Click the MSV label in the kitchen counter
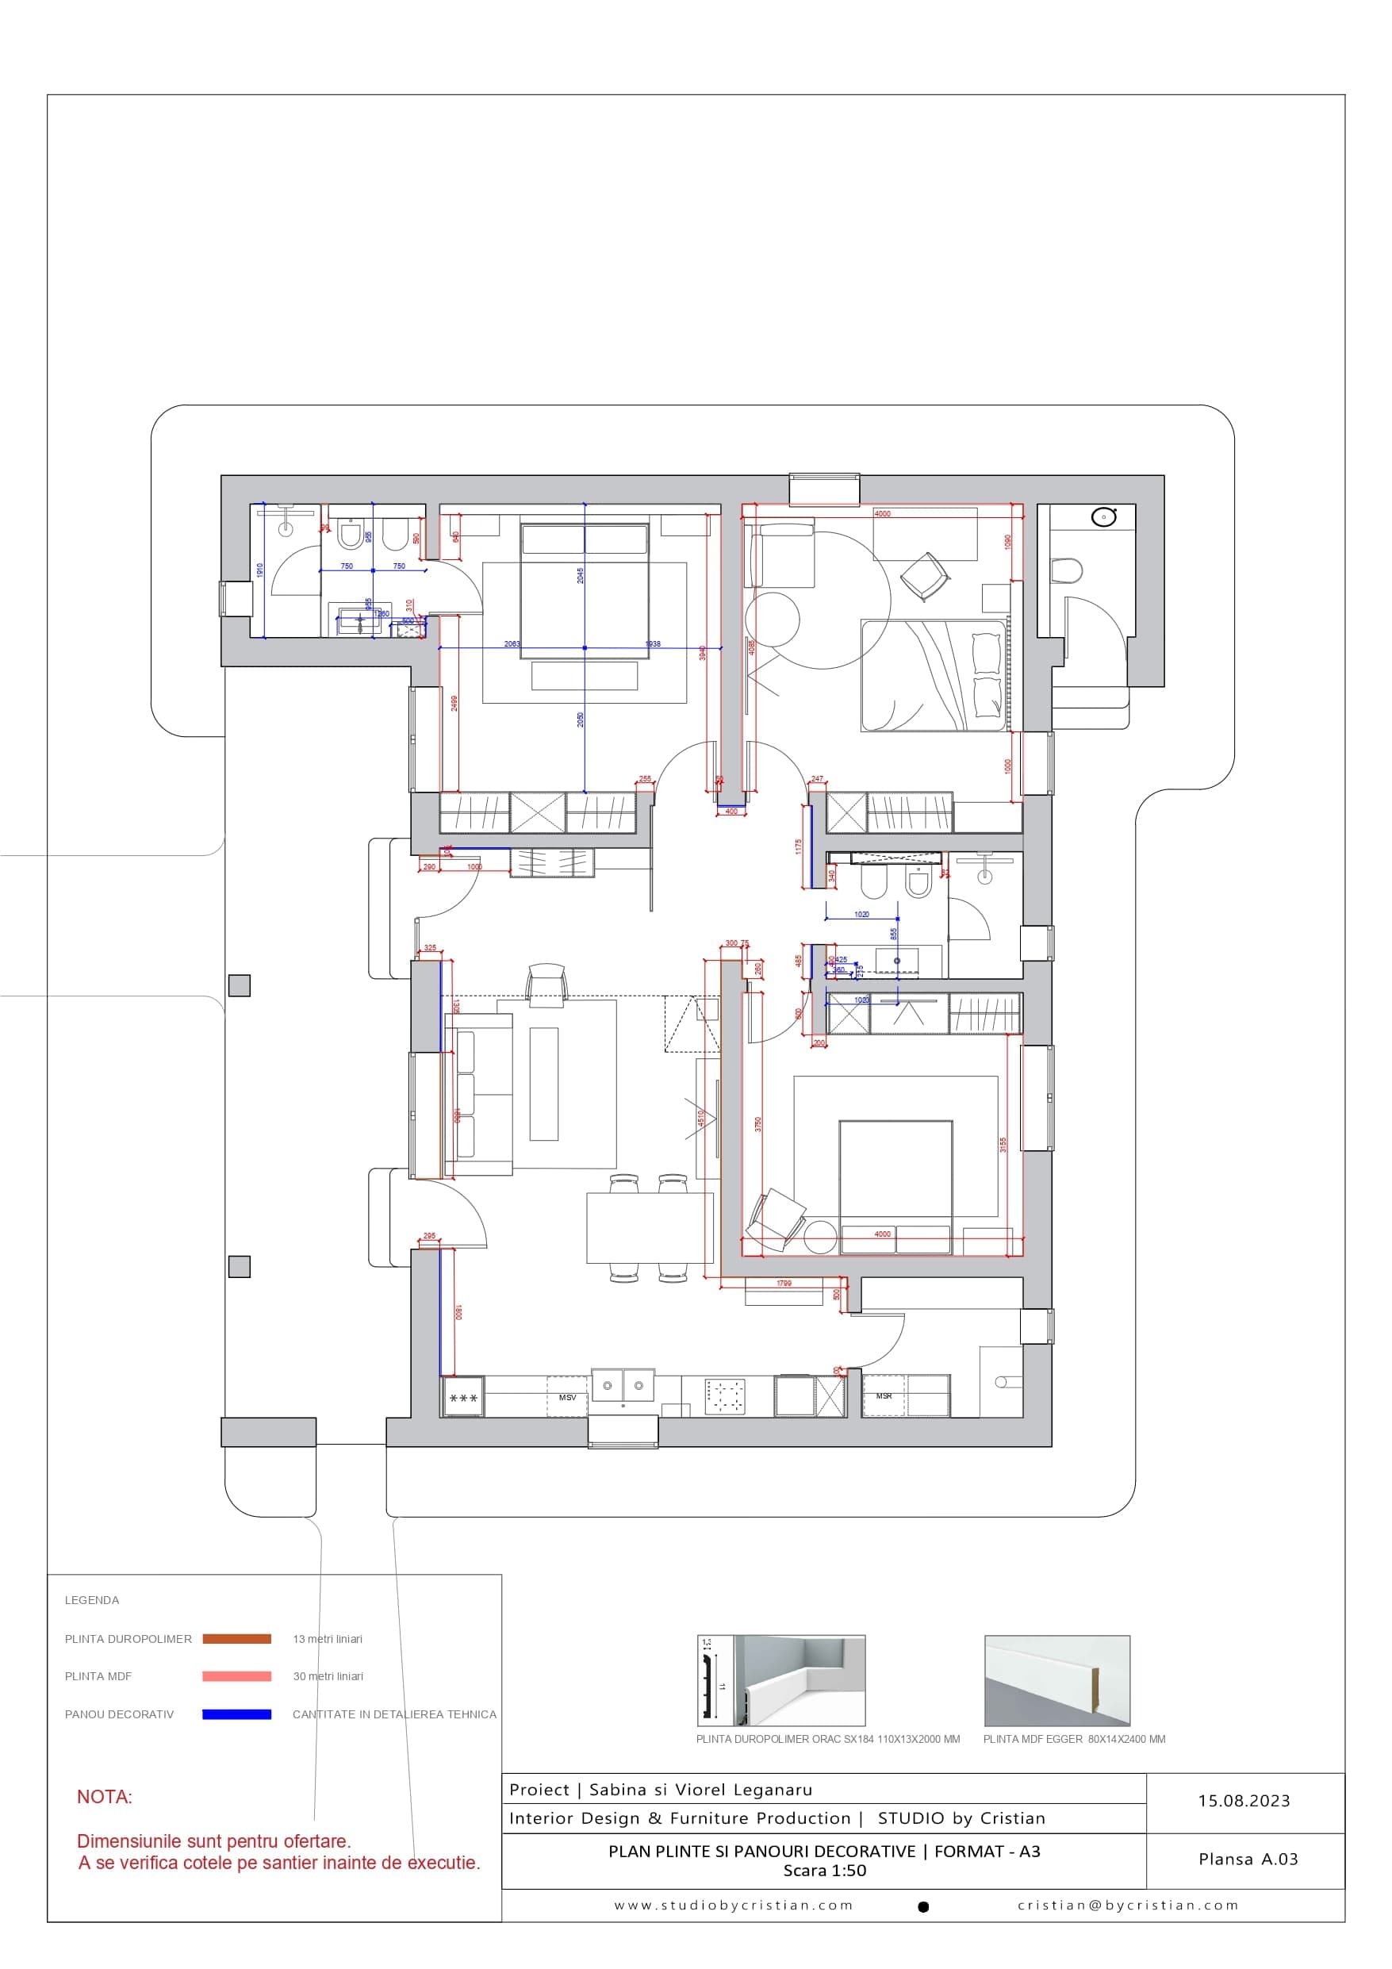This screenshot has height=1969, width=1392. click(x=567, y=1397)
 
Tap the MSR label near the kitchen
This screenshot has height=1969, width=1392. click(x=884, y=1395)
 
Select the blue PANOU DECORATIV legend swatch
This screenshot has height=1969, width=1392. click(x=236, y=1714)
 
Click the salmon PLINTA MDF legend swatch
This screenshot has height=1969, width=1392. click(x=236, y=1675)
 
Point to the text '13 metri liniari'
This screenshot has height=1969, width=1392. click(x=328, y=1638)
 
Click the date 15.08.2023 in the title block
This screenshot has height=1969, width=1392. click(x=1244, y=1801)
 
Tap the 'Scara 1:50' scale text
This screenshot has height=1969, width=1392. click(x=824, y=1871)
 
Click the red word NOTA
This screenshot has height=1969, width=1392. click(x=105, y=1797)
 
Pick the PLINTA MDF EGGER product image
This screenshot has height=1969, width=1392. click(x=1056, y=1680)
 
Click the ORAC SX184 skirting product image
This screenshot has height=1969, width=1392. click(x=780, y=1680)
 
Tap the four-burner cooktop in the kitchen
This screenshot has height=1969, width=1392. click(x=725, y=1396)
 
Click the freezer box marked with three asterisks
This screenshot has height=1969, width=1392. click(x=463, y=1398)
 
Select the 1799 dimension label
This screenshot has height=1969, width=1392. click(x=783, y=1284)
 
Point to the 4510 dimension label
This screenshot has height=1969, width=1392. click(x=700, y=1119)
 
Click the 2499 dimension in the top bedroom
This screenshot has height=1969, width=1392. click(x=454, y=703)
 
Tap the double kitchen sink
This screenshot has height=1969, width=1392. click(x=623, y=1384)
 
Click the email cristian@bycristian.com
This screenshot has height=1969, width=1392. click(x=1128, y=1906)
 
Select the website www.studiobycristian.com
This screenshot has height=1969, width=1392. click(x=734, y=1906)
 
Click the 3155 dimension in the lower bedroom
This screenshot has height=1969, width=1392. click(x=1003, y=1144)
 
